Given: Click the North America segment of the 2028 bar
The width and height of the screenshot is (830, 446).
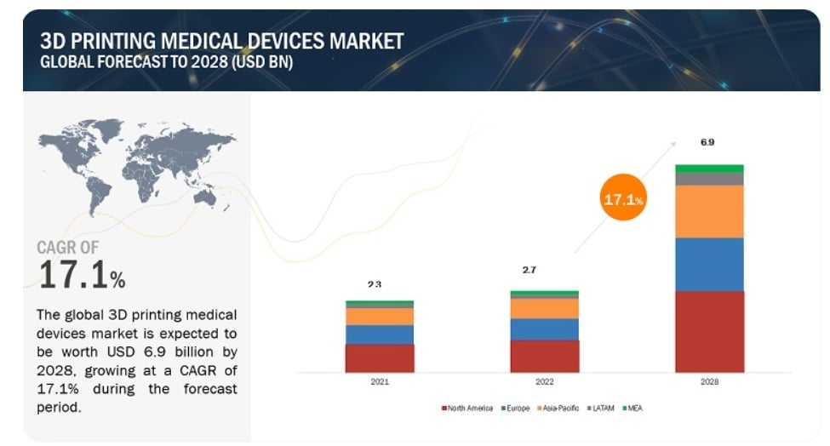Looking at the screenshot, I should (x=709, y=331).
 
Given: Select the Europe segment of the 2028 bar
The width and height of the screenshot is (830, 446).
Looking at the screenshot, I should (x=709, y=264).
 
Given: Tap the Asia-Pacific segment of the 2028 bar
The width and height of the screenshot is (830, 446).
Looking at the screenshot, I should (x=709, y=211).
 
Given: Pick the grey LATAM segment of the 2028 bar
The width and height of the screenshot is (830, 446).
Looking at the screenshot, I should (x=709, y=179).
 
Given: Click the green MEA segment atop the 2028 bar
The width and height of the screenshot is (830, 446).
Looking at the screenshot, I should (x=709, y=169).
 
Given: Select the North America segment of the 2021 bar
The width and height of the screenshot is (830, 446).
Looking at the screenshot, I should (x=379, y=357).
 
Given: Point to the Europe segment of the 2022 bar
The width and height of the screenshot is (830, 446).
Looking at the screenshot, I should (x=544, y=329).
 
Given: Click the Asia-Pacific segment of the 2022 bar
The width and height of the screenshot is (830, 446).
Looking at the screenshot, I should (x=544, y=308).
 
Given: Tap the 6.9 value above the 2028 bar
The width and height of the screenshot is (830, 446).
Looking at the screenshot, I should (x=707, y=142).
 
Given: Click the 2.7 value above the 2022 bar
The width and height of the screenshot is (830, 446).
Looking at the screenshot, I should (x=529, y=270).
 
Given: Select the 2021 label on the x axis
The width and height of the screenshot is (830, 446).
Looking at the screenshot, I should (x=380, y=382).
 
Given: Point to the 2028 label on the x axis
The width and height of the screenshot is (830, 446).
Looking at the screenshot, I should (x=709, y=382).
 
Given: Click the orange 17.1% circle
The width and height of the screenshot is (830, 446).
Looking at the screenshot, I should (x=623, y=200).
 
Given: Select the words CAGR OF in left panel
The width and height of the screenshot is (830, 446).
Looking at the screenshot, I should (x=67, y=248).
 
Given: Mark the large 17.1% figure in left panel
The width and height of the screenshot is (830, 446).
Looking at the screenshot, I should (x=82, y=274).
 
